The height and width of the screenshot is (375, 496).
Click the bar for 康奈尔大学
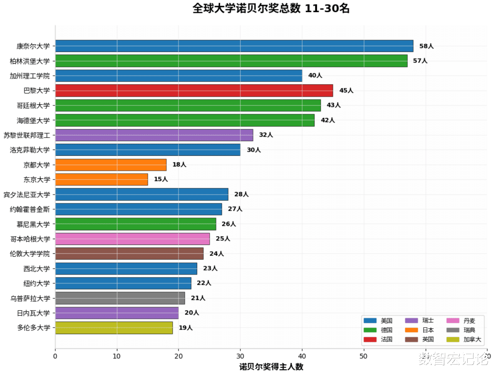pyautogui.click(x=234, y=46)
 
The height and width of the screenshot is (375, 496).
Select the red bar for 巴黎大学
pyautogui.click(x=194, y=90)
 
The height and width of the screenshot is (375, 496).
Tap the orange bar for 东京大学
pyautogui.click(x=102, y=180)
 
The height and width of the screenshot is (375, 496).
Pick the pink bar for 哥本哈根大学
pyautogui.click(x=132, y=239)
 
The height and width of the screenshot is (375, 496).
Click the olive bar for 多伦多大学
pyautogui.click(x=114, y=328)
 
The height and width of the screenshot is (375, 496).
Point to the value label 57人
pyautogui.click(x=420, y=61)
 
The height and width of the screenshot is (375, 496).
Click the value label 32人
pyautogui.click(x=266, y=135)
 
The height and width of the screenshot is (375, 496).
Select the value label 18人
pyautogui.click(x=179, y=165)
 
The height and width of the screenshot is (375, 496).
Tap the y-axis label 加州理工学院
pyautogui.click(x=30, y=76)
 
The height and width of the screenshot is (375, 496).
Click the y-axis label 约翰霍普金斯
pyautogui.click(x=30, y=209)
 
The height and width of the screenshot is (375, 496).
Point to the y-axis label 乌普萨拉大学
pyautogui.click(x=30, y=298)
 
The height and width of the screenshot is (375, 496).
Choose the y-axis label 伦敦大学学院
pyautogui.click(x=30, y=254)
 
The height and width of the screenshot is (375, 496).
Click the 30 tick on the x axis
pyautogui.click(x=240, y=356)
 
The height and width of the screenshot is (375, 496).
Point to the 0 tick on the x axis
pyautogui.click(x=55, y=356)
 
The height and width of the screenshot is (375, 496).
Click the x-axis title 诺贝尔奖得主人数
pyautogui.click(x=271, y=367)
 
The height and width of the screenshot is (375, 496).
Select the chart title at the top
pyautogui.click(x=271, y=8)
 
